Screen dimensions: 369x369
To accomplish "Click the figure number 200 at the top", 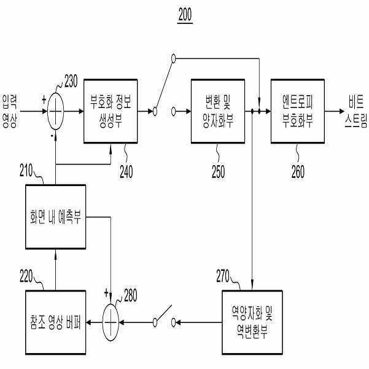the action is click(185, 15).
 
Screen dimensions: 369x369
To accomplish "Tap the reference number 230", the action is click(71, 81).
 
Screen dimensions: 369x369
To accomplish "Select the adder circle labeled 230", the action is click(55, 111).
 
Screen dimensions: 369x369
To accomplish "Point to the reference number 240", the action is click(126, 172).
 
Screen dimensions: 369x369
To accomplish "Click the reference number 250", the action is click(218, 172).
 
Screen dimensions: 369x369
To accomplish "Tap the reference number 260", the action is click(298, 172).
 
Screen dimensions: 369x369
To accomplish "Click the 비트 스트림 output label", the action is click(356, 112).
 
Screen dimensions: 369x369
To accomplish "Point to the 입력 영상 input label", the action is click(10, 111).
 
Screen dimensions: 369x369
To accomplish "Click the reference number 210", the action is click(26, 171).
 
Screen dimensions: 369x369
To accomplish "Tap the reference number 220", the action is click(26, 276).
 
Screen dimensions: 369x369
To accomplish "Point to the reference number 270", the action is click(223, 276).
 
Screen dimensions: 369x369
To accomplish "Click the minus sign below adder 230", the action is click(52, 136).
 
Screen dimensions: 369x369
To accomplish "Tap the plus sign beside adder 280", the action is click(106, 293).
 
